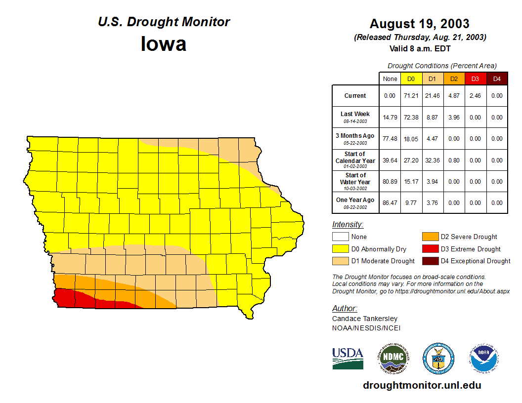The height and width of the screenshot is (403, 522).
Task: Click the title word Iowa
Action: coord(164,44)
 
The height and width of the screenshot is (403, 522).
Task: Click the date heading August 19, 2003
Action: coord(419,24)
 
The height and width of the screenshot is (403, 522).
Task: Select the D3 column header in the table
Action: coord(475,79)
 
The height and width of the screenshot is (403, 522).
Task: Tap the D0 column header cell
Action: coord(411,79)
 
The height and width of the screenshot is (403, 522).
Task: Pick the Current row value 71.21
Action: coord(411,96)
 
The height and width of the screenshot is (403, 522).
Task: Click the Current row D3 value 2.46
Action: coord(475,96)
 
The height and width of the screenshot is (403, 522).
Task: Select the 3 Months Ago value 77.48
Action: coord(390,139)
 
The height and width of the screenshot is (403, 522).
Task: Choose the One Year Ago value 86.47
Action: coord(390,202)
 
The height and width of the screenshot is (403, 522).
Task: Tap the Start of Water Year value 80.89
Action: coord(390,181)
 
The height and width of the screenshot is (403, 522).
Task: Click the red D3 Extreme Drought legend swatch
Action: coord(430,249)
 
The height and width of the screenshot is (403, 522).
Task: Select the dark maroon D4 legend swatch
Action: coord(430,261)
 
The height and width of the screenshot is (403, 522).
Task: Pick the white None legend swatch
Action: coord(340,237)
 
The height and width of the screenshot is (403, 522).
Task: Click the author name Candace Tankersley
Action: coord(365,319)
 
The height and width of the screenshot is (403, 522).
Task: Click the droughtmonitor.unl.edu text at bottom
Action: coord(422,385)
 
